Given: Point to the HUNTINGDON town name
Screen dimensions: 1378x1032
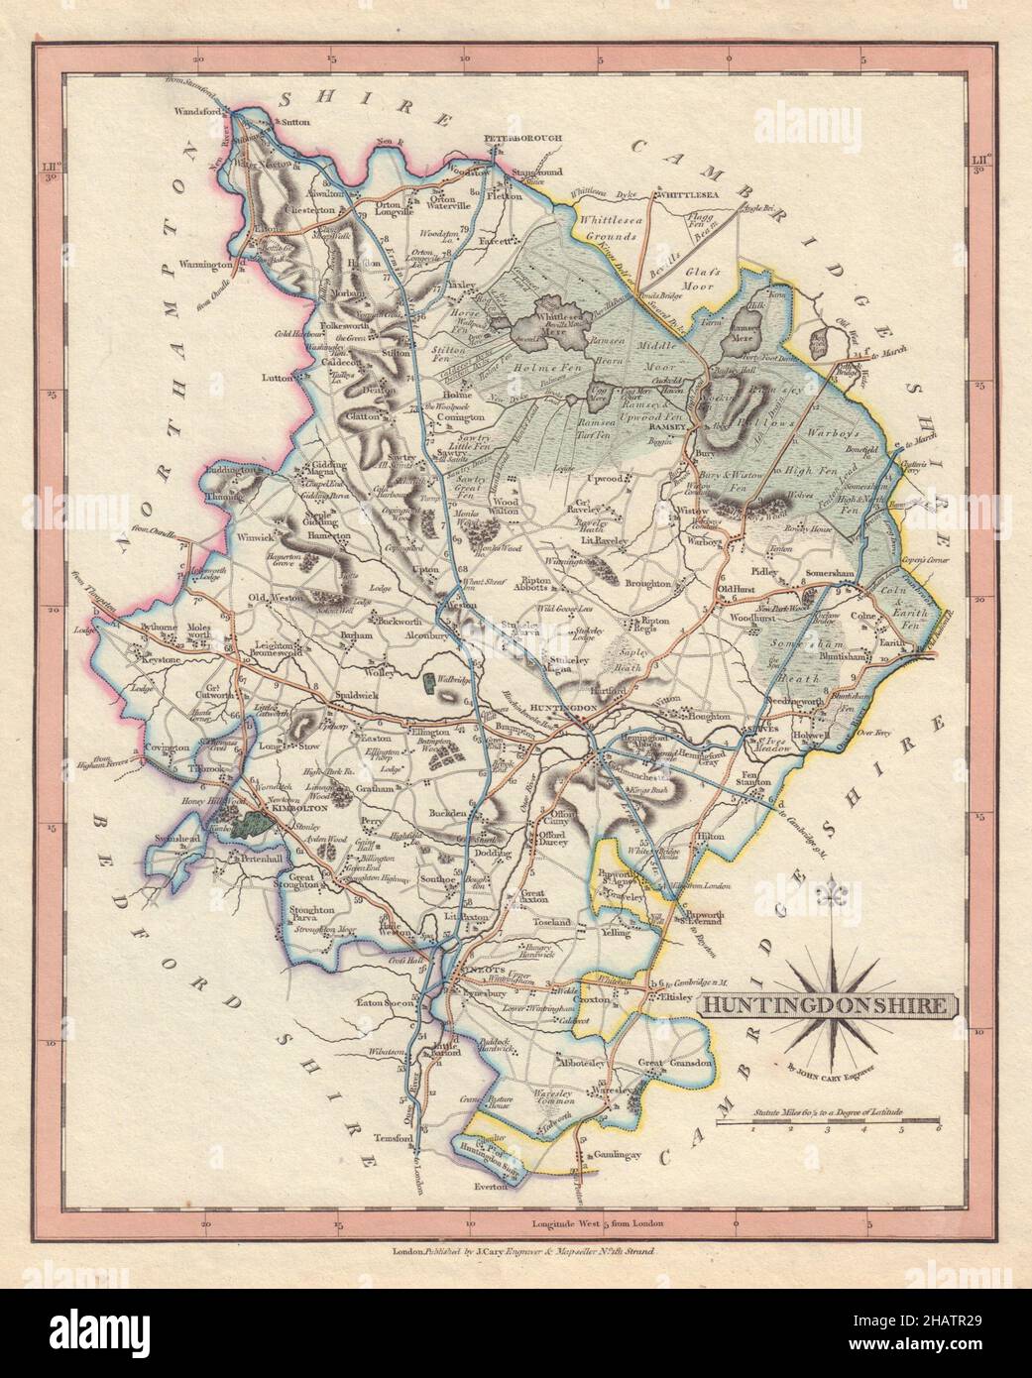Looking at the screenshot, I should pos(563,708).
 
